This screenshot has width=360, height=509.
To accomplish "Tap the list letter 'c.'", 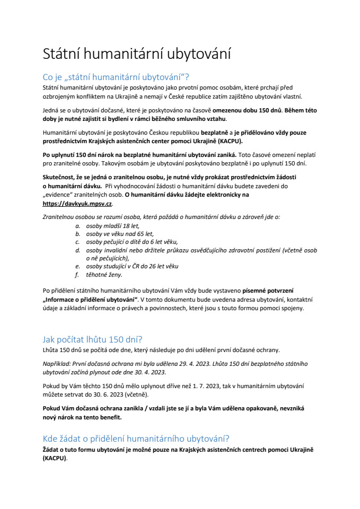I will point(77,242).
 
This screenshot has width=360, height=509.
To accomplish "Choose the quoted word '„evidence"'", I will point(58,195).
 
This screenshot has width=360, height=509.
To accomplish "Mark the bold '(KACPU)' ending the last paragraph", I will point(54,458).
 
